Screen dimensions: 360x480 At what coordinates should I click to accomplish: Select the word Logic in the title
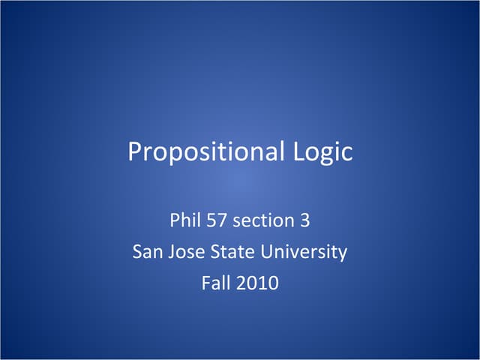319,152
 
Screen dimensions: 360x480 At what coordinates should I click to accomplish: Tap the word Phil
184,220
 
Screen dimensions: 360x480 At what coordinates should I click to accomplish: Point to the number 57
217,220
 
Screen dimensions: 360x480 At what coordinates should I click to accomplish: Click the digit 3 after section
304,220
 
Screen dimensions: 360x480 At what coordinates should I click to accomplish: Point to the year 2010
259,284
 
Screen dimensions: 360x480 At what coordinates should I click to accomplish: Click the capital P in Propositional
135,152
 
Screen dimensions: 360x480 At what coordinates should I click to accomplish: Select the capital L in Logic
292,152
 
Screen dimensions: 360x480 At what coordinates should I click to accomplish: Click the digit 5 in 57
211,220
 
